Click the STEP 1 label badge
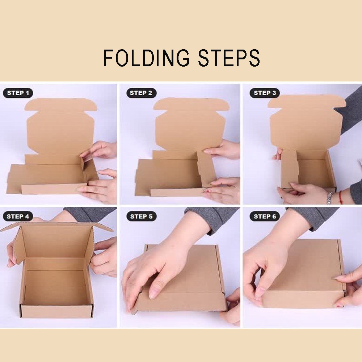(18, 93)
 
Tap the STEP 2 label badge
(141, 93)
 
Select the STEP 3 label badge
(265, 93)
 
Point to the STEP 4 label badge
(18, 216)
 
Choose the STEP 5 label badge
(141, 216)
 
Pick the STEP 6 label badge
(265, 216)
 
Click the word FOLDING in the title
(146, 58)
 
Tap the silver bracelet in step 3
(330, 197)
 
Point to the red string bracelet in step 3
(341, 198)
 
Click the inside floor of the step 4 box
(55, 287)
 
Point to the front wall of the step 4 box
(56, 311)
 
